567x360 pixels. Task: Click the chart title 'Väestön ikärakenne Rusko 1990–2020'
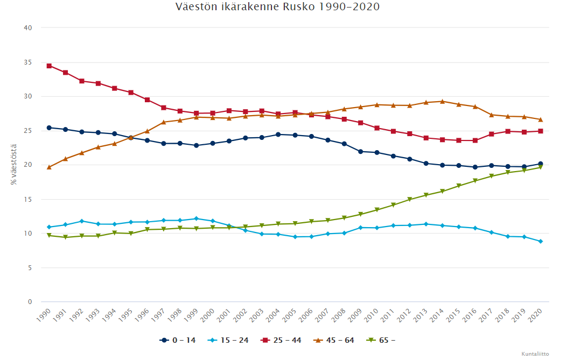point(277,7)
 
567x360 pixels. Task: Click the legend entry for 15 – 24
point(230,340)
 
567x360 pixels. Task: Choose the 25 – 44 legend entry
point(282,340)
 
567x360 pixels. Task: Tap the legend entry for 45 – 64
point(335,340)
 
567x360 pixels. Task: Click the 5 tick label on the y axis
point(30,267)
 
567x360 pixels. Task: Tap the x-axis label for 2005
point(291,314)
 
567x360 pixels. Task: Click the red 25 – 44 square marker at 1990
point(49,66)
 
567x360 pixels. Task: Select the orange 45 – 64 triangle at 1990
point(49,167)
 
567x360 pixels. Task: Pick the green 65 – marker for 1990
point(49,235)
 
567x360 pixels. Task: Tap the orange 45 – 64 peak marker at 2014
point(442,101)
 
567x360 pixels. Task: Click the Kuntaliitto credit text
point(535,354)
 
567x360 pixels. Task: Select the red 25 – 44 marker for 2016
point(475,140)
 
